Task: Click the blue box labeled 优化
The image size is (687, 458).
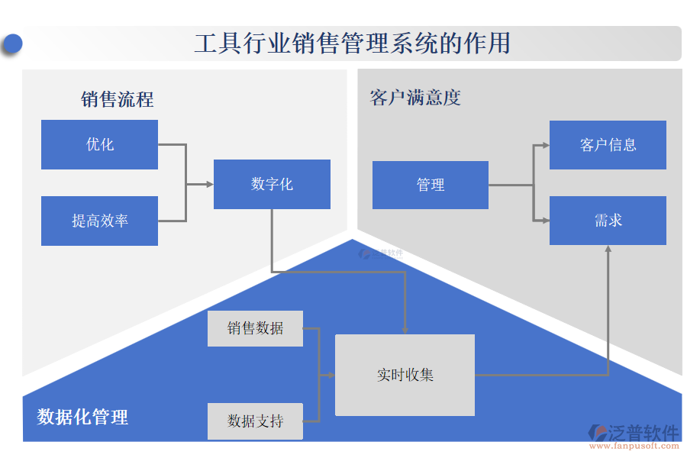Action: click(x=99, y=144)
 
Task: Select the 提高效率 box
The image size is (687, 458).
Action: click(x=99, y=221)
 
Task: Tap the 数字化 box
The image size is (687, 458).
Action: click(x=272, y=184)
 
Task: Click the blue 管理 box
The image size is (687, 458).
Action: click(x=430, y=185)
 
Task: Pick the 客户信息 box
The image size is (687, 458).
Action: click(x=608, y=145)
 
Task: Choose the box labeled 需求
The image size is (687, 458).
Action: click(x=608, y=221)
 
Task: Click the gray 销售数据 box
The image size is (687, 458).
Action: click(x=255, y=328)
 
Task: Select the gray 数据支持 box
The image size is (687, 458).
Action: click(x=255, y=421)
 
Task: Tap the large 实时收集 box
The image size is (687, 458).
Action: click(x=405, y=375)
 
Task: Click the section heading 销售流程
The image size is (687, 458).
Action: click(x=117, y=99)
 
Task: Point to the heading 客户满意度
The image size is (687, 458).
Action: click(x=415, y=98)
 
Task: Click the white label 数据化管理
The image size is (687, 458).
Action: click(x=82, y=417)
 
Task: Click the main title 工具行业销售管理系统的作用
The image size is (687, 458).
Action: click(x=352, y=44)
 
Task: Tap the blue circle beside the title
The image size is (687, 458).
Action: click(x=12, y=44)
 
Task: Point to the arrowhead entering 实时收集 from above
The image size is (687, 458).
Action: click(x=405, y=330)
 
